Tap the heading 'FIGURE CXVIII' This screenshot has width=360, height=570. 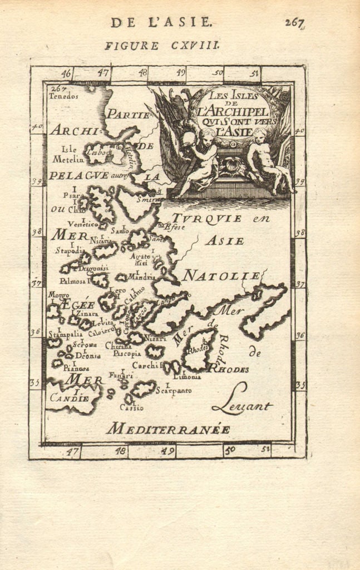pyautogui.click(x=162, y=46)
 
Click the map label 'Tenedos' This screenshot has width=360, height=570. pyautogui.click(x=63, y=96)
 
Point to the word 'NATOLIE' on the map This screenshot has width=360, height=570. pyautogui.click(x=221, y=276)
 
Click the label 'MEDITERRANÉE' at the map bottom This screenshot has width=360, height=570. pyautogui.click(x=168, y=429)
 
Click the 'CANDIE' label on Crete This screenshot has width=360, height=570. pyautogui.click(x=69, y=398)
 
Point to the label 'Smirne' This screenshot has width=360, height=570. pyautogui.click(x=155, y=198)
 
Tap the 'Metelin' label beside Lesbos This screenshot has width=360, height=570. pyautogui.click(x=68, y=159)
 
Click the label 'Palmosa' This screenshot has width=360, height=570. pyautogui.click(x=72, y=281)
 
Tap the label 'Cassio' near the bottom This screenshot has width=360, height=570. pyautogui.click(x=131, y=407)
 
